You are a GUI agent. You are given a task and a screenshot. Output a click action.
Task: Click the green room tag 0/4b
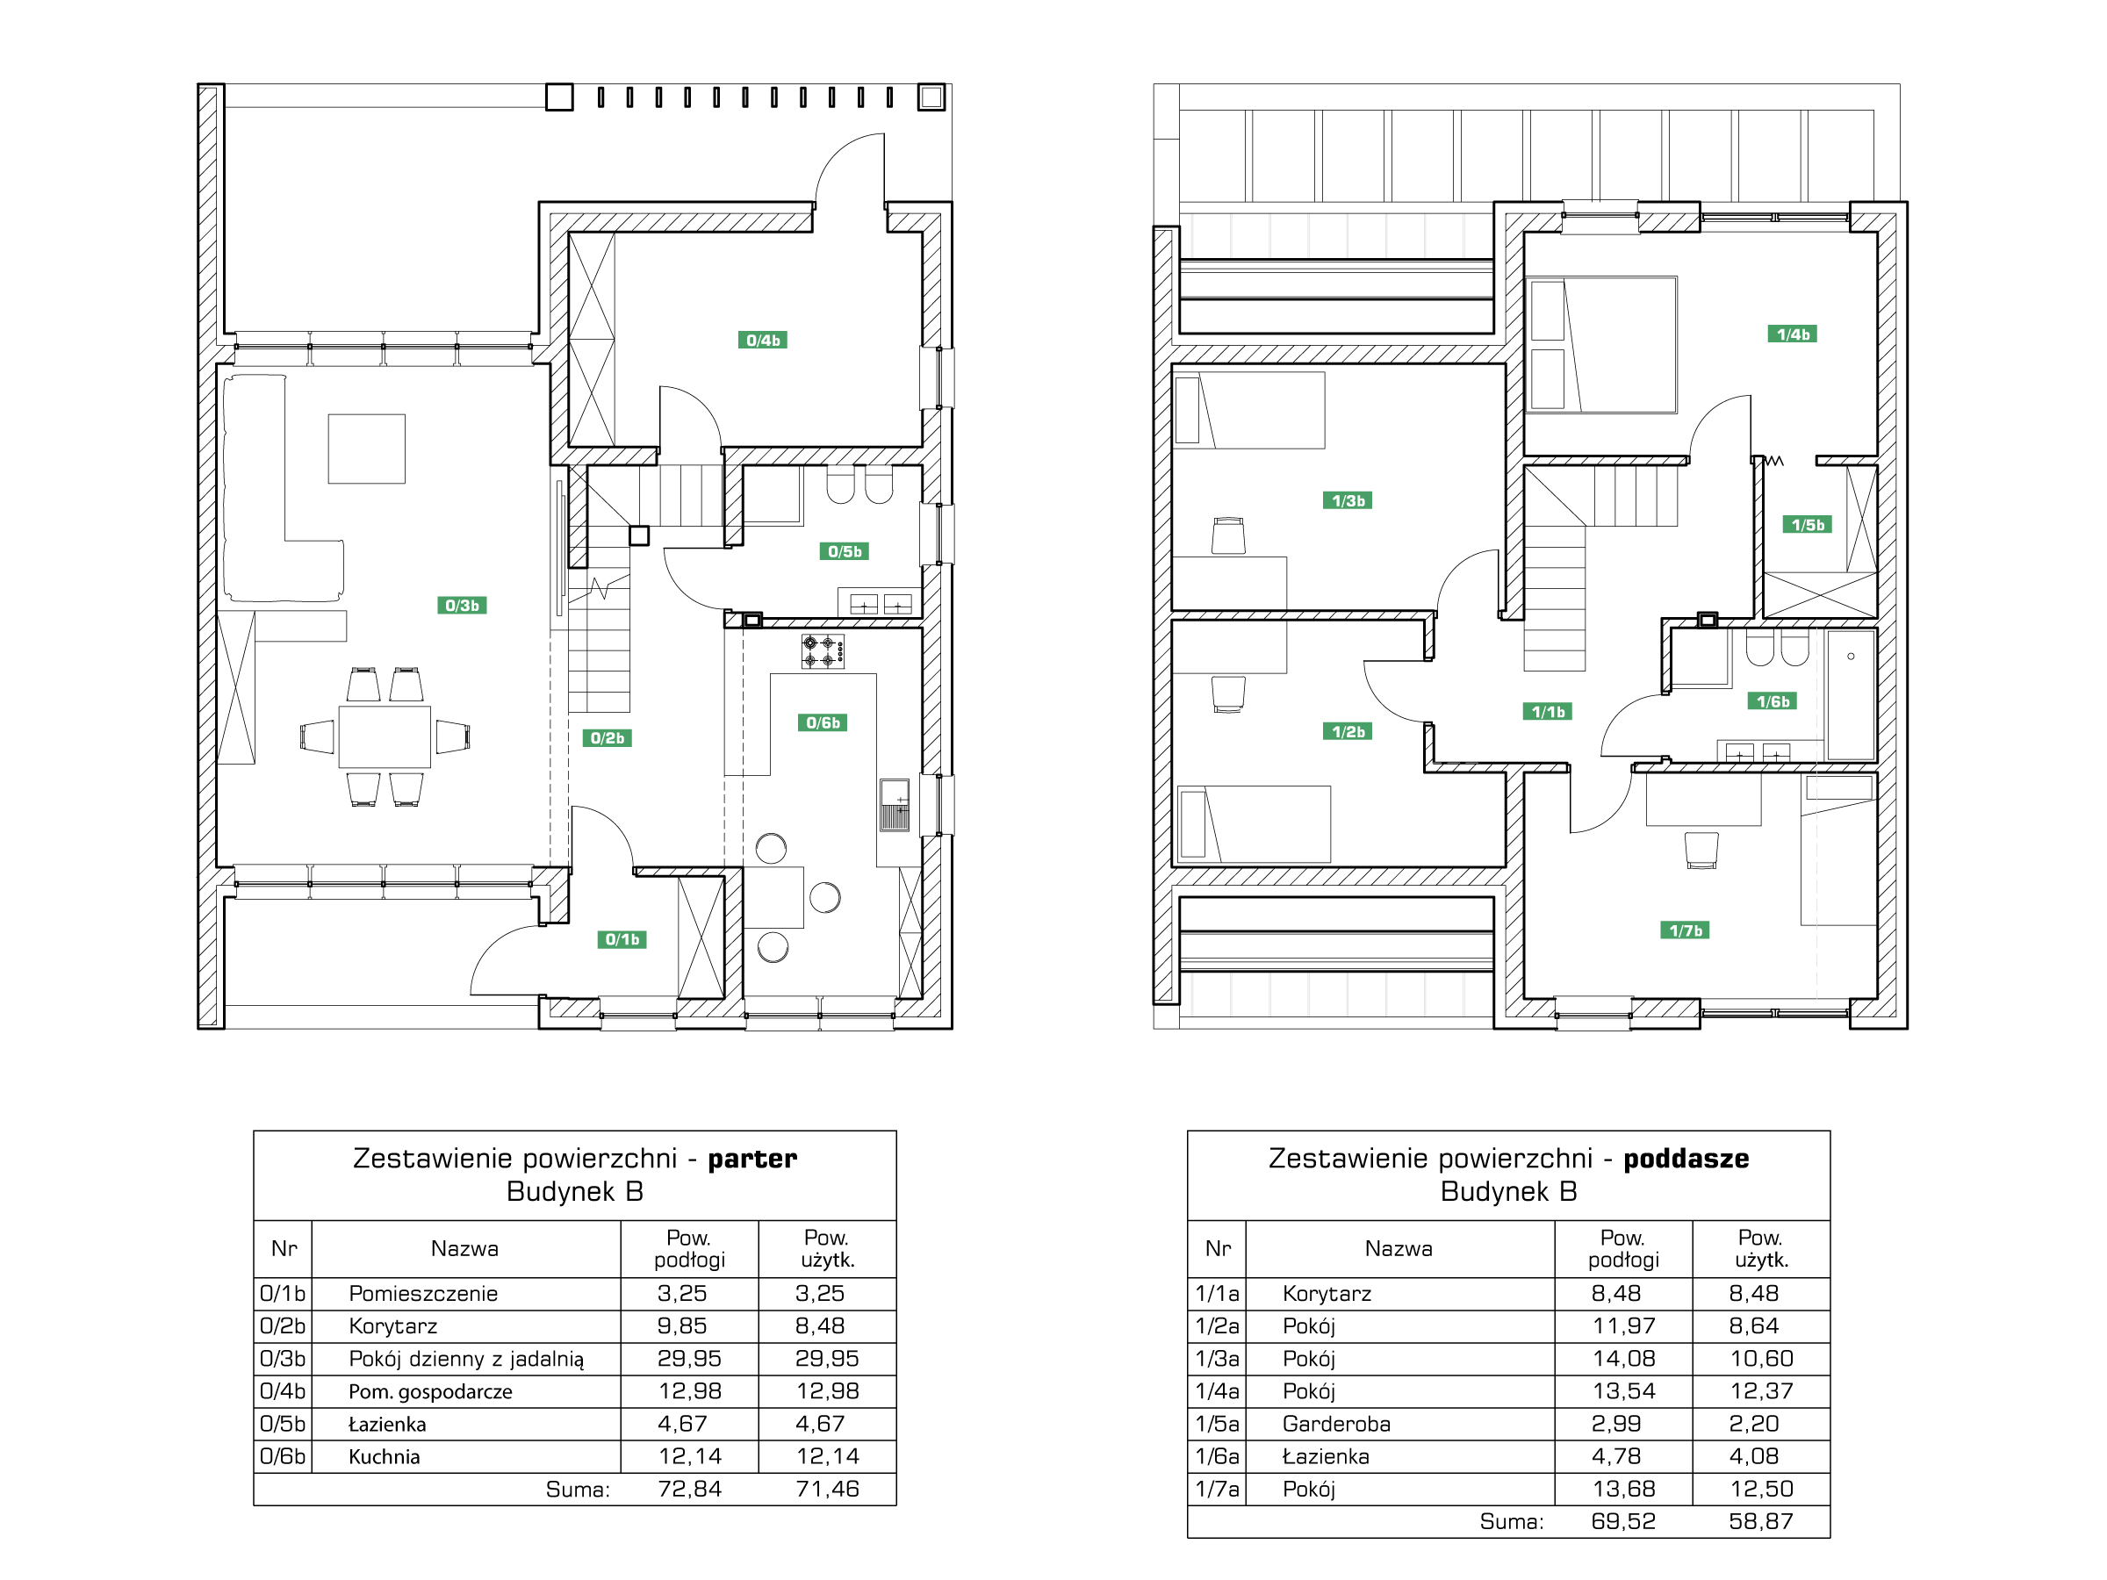pos(762,340)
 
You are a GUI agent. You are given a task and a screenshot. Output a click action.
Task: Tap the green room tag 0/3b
pos(462,605)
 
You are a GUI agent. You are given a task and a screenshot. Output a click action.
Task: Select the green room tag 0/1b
pos(622,939)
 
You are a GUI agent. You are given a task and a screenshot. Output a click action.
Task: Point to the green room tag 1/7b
pos(1685,930)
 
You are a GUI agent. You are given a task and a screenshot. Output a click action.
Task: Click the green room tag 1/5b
pos(1807,524)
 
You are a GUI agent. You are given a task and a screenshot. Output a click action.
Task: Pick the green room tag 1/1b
pos(1548,710)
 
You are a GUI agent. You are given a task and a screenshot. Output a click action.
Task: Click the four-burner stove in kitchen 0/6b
pos(822,651)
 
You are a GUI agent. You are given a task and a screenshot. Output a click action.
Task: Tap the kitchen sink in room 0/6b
pos(894,805)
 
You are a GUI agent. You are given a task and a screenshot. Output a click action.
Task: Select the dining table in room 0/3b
pos(385,736)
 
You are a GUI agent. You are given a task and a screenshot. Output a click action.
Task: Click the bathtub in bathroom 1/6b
pos(1851,694)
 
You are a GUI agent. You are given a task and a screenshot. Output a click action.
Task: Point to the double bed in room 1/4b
pos(1601,345)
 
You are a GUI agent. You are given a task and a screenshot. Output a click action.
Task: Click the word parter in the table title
pos(751,1158)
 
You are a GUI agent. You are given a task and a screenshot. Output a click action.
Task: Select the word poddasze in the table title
pos(1686,1158)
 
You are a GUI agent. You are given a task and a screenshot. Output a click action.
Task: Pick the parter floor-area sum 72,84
pos(690,1489)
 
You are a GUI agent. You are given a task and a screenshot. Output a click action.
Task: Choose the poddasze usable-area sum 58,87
pos(1761,1521)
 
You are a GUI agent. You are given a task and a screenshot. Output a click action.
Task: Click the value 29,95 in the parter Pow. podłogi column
pos(690,1358)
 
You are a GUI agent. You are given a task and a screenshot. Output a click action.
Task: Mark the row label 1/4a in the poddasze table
pos(1218,1391)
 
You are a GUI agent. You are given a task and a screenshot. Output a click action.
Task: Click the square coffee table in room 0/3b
pos(367,449)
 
